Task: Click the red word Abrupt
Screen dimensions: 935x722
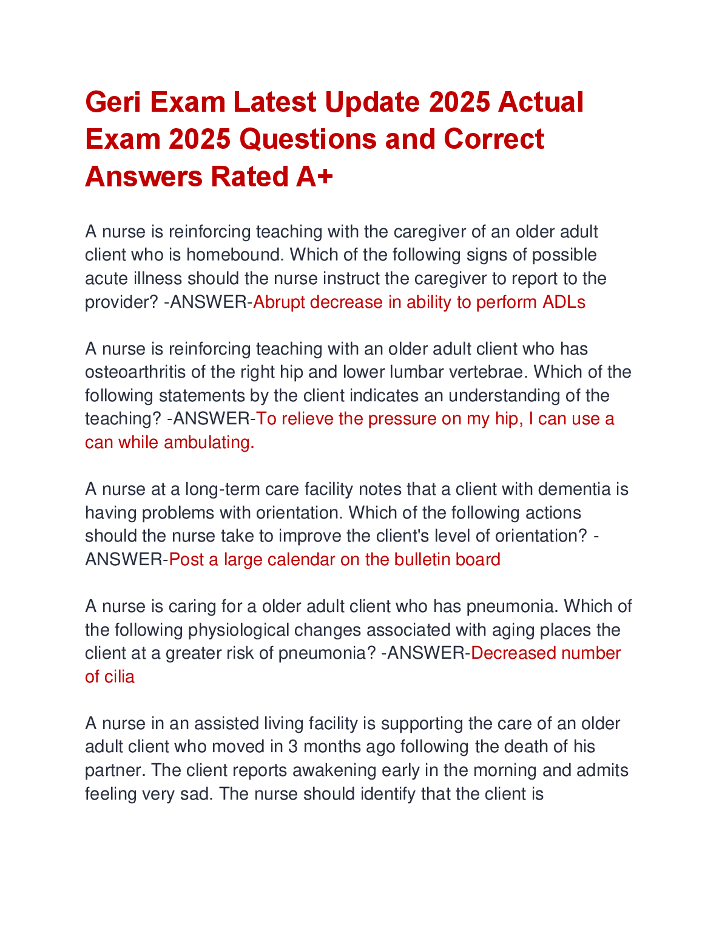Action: (279, 302)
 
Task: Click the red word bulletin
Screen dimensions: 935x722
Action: (420, 560)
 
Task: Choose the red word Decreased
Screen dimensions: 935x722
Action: (513, 653)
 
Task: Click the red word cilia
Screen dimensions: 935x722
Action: (120, 677)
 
